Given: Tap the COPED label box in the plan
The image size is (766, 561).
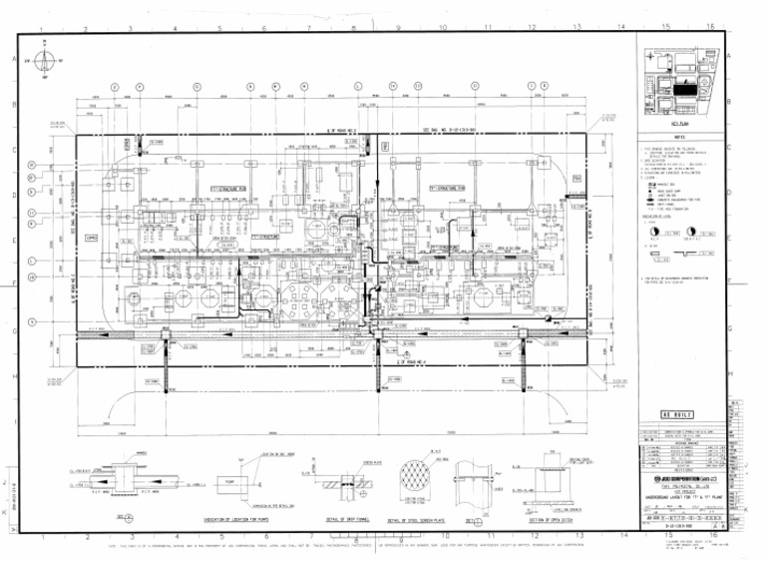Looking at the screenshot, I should point(91,239).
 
